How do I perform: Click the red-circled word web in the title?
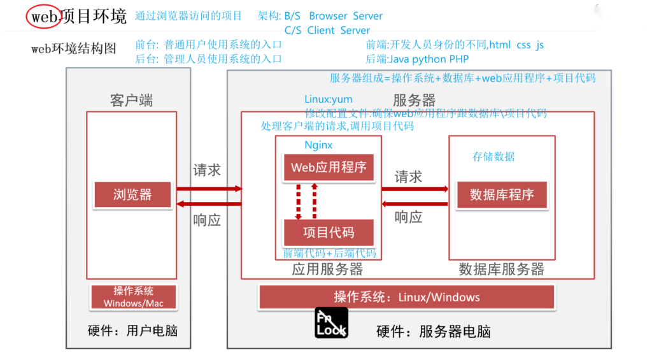tap(44, 17)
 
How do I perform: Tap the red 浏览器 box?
tap(132, 194)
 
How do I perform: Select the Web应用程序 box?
tap(329, 168)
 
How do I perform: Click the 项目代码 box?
tap(329, 232)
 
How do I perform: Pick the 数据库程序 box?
tap(502, 194)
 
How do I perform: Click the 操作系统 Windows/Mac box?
tap(133, 297)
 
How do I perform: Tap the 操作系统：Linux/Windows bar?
tap(406, 297)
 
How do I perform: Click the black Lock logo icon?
tap(331, 322)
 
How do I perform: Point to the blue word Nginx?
tap(318, 145)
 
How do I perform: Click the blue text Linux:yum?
tap(328, 99)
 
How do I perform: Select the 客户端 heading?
tap(131, 101)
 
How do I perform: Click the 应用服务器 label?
tap(327, 269)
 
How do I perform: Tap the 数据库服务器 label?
tap(502, 269)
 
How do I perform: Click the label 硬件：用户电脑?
tap(132, 331)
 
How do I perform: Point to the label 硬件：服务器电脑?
tap(433, 331)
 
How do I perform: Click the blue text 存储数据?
tap(493, 157)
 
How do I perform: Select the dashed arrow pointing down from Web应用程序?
tap(297, 200)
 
